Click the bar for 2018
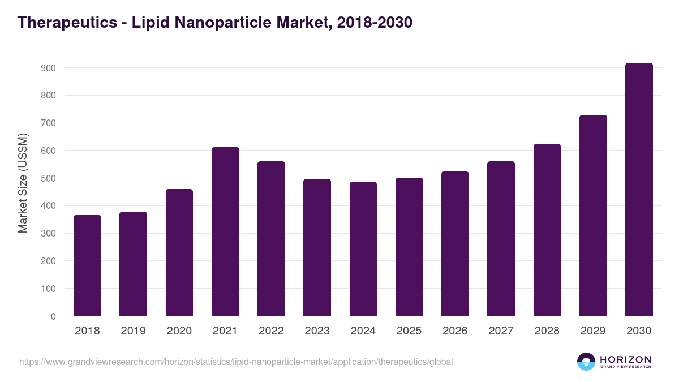point(87,265)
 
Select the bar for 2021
point(225,231)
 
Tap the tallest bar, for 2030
point(639,190)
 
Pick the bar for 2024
point(363,249)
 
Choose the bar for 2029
point(593,216)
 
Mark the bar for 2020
point(179,252)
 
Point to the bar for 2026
point(455,244)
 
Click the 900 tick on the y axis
point(48,68)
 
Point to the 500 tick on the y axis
point(48,178)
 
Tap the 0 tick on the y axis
point(53,316)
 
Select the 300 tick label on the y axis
point(48,234)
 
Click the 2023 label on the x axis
point(317,331)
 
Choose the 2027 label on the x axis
point(501,331)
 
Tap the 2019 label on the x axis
point(133,331)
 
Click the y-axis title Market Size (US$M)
point(23,182)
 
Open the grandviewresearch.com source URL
point(236,362)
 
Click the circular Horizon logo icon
point(586,362)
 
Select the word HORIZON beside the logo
point(625,359)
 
